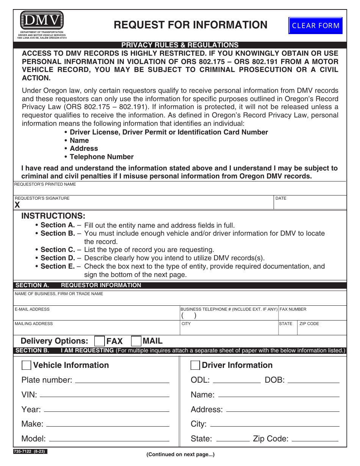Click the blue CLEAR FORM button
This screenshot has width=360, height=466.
[315, 26]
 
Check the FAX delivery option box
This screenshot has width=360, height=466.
[99, 341]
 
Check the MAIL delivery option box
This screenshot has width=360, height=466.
[136, 341]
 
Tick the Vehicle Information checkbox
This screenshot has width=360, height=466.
[27, 365]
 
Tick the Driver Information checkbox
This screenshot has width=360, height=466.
[195, 365]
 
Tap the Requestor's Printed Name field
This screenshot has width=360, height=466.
[180, 189]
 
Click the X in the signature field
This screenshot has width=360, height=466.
[17, 205]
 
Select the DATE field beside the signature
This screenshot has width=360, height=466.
[310, 204]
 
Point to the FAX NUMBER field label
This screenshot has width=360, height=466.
[293, 309]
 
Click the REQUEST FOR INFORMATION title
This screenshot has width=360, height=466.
[191, 25]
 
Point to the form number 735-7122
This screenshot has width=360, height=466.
[30, 451]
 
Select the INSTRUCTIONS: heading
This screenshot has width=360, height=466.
[53, 216]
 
